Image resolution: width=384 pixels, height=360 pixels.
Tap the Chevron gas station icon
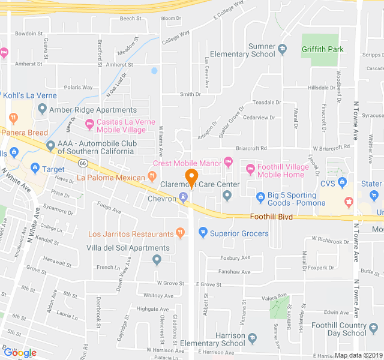(184, 198)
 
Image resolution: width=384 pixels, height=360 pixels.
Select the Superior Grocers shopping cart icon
(203, 232)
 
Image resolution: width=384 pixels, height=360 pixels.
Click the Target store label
(55, 169)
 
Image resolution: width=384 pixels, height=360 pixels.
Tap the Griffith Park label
(323, 49)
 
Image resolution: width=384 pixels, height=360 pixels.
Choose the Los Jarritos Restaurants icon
(179, 232)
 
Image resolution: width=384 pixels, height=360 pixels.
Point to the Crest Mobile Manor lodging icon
(228, 161)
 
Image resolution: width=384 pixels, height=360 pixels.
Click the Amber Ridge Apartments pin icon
(41, 109)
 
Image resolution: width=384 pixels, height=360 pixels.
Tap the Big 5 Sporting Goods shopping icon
(260, 196)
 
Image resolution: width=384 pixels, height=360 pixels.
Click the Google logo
(19, 353)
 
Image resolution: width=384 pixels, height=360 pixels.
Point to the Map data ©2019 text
(358, 355)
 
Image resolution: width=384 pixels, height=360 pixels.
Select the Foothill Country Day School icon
(374, 328)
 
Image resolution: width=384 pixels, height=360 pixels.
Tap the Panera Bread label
(24, 132)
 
